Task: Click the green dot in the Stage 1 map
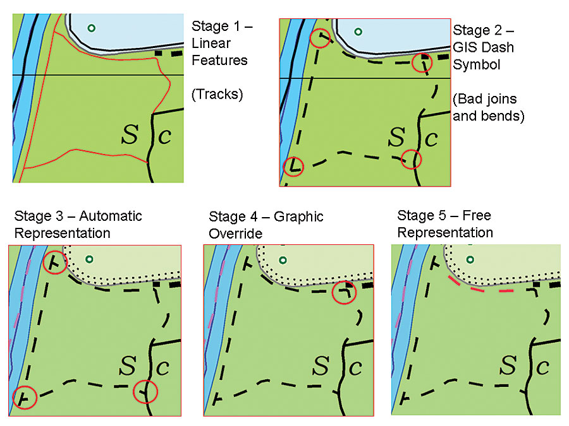pos(92,28)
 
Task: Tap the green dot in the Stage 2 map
pos(358,31)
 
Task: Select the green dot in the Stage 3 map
pos(89,259)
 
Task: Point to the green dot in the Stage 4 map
pos(283,259)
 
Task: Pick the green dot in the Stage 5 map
pos(470,259)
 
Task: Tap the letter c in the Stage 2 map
pos(432,138)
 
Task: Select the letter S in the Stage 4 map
pos(321,365)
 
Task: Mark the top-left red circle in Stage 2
pos(321,38)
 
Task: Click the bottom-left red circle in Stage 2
pos(293,166)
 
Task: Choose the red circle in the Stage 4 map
pos(344,292)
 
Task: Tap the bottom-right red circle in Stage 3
pos(145,393)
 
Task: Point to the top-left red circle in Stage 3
pos(54,262)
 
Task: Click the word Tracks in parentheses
pos(217,95)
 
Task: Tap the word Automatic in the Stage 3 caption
pos(111,216)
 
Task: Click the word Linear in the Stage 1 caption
pos(211,44)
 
